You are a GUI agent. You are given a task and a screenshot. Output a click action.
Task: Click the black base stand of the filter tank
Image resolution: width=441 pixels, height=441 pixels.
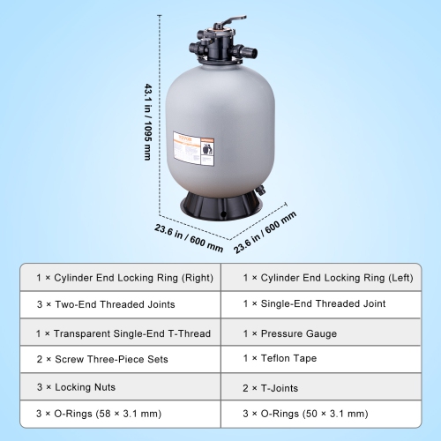click(220, 206)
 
